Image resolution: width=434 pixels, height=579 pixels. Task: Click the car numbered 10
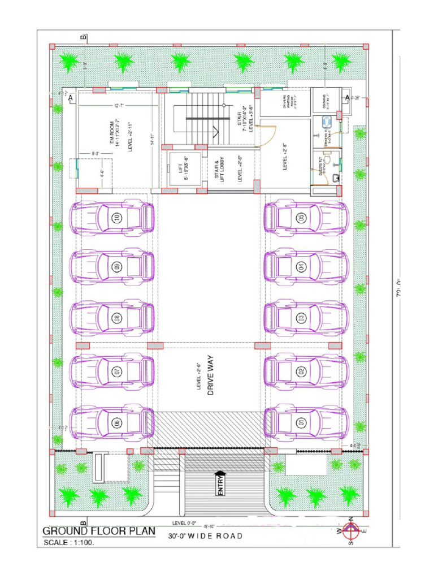pos(112,218)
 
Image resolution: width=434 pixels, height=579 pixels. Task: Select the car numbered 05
pos(306,218)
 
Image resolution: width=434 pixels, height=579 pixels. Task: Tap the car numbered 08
pos(112,318)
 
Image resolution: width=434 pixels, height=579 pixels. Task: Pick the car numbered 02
pos(306,372)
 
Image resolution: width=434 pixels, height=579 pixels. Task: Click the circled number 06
pos(117,422)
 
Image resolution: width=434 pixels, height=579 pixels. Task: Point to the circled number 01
pos(301,422)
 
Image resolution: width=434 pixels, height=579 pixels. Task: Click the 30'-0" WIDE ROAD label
pos(205,535)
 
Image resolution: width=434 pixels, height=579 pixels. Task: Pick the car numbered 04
pos(306,267)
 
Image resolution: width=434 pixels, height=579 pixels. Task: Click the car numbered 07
pos(112,372)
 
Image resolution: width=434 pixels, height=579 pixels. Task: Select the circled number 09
pos(117,267)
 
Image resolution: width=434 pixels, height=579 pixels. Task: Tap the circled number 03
pos(301,318)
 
